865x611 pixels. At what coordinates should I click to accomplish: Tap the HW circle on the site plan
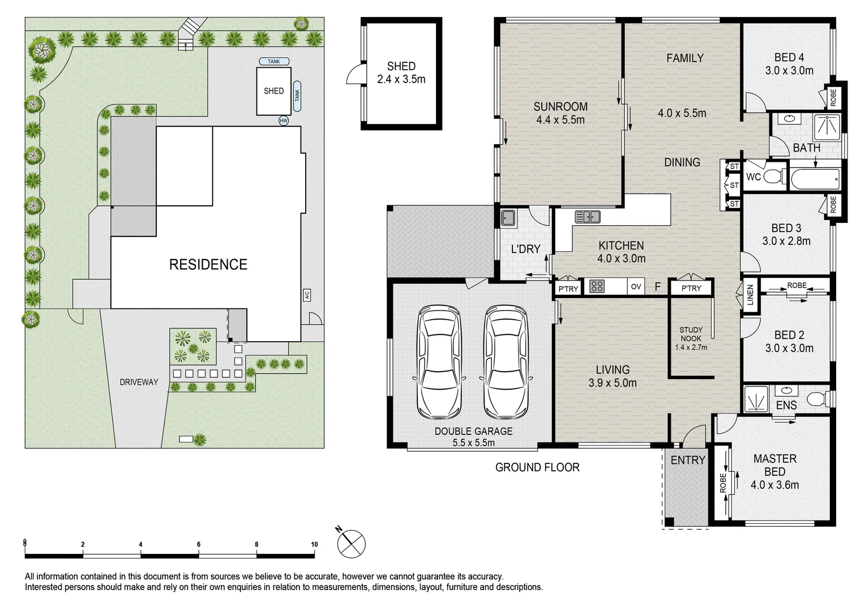(x=284, y=121)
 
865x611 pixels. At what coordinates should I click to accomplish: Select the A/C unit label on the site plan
(x=307, y=295)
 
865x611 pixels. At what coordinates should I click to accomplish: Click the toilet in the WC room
(x=774, y=177)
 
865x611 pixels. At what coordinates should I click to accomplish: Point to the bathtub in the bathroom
(x=815, y=179)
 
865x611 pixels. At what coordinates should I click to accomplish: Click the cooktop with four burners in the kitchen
(x=597, y=286)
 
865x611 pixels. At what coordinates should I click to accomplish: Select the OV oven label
(x=636, y=287)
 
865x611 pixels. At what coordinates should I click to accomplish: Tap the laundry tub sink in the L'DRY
(x=508, y=218)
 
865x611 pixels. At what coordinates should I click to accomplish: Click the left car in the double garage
(x=439, y=362)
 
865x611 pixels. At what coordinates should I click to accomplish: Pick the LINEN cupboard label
(x=750, y=295)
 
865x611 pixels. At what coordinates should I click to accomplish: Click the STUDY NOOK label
(x=691, y=334)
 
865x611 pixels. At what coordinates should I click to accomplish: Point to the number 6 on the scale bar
(x=199, y=544)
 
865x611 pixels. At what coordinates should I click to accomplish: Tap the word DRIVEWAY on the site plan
(x=139, y=382)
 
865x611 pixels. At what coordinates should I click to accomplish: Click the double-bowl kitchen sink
(x=588, y=217)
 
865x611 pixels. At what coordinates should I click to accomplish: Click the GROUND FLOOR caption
(x=537, y=467)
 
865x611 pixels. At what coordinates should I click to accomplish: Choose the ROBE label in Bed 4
(x=833, y=97)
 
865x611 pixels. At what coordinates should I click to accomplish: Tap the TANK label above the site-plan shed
(x=274, y=61)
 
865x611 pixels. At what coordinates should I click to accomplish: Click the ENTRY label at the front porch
(x=688, y=460)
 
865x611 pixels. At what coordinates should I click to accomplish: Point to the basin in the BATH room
(x=790, y=118)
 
